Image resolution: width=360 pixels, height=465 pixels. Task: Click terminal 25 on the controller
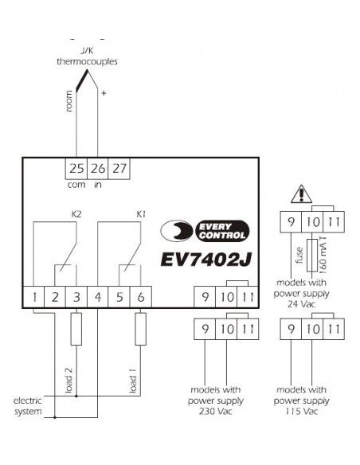(76, 168)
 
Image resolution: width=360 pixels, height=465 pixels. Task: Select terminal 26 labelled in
(97, 168)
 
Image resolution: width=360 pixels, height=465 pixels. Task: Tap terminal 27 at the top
(119, 168)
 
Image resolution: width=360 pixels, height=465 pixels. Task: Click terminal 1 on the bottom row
(33, 297)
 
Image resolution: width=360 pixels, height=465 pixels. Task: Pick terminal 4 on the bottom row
(98, 297)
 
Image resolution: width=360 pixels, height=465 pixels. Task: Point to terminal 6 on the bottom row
(141, 297)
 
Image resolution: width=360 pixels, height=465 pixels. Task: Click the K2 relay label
(76, 214)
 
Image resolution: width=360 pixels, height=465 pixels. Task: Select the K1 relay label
(141, 214)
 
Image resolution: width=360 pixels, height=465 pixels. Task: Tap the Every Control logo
(205, 231)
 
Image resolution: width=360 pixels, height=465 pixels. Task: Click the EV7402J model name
(206, 260)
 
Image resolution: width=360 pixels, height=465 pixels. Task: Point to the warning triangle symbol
(301, 194)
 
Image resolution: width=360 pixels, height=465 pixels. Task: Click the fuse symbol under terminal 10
(312, 255)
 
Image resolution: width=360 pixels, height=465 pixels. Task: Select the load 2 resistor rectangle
(76, 329)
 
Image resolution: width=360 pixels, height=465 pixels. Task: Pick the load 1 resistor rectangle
(140, 329)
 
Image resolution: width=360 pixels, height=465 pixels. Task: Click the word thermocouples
(87, 61)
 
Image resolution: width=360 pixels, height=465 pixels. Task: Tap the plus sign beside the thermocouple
(104, 93)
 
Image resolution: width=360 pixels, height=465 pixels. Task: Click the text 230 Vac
(216, 412)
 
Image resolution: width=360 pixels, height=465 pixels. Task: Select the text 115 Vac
(302, 412)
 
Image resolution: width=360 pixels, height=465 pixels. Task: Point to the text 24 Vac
(301, 304)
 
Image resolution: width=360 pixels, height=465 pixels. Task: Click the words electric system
(28, 406)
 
